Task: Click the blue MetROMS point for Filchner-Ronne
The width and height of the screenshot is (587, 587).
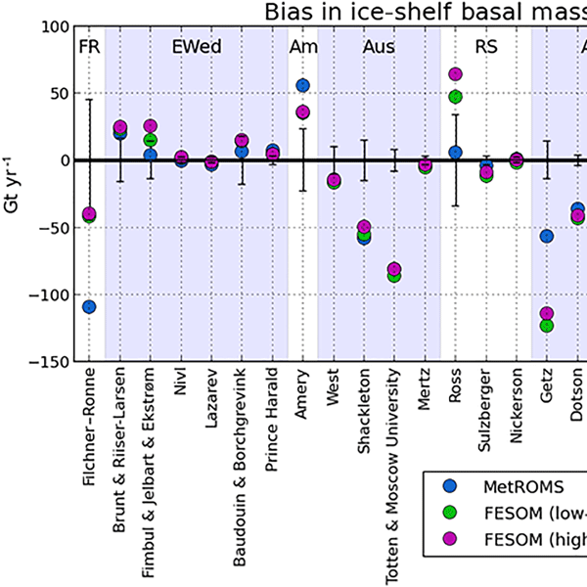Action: tap(89, 306)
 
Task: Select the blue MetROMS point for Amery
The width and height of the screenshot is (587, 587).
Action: tap(302, 86)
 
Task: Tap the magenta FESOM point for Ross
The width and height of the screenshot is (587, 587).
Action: tap(455, 74)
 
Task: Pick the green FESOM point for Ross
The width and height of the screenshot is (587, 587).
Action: tap(455, 96)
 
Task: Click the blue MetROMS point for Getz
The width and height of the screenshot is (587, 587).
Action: tap(547, 236)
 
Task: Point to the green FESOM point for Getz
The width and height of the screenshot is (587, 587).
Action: tap(547, 326)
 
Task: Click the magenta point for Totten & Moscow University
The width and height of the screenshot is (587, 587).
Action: tap(394, 269)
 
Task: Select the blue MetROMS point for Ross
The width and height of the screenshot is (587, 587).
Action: tap(455, 153)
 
